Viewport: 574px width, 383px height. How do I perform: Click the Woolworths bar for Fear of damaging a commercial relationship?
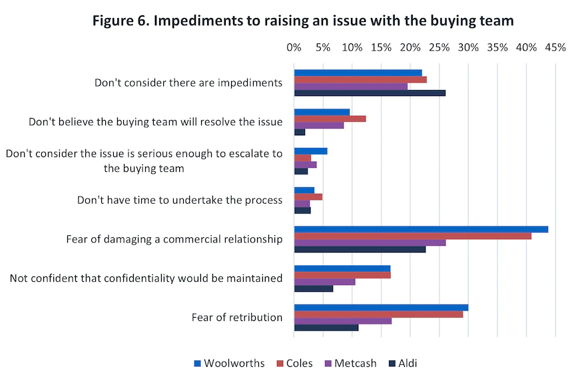421,229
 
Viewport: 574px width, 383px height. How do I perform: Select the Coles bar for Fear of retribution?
378,314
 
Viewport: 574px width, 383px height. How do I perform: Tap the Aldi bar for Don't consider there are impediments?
370,93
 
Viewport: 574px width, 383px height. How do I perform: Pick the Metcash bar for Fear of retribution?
342,320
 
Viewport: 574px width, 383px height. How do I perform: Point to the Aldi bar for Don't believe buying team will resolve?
299,132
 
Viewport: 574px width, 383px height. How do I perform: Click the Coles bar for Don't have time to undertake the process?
308,196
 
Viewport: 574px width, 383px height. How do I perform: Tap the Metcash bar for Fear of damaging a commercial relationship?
370,242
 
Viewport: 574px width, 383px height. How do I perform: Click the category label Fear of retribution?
236,317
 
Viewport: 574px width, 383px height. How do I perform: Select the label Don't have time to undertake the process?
180,200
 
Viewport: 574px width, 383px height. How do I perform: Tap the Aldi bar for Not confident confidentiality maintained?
313,288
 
